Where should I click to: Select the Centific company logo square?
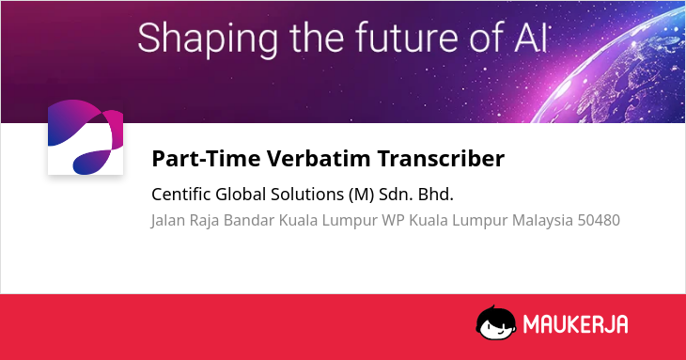(86, 137)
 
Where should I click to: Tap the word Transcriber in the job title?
(441, 158)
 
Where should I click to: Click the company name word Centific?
(181, 195)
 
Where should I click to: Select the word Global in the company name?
(241, 195)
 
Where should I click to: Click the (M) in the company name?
(362, 195)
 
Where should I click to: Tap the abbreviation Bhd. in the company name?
(436, 195)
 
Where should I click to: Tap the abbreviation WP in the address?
(394, 220)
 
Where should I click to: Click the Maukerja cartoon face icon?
(496, 322)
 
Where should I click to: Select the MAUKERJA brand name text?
(576, 324)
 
